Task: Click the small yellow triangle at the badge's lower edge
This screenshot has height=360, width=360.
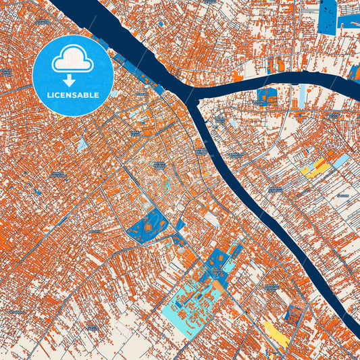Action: pyautogui.click(x=61, y=116)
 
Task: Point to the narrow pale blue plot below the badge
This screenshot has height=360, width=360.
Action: pyautogui.click(x=82, y=144)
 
